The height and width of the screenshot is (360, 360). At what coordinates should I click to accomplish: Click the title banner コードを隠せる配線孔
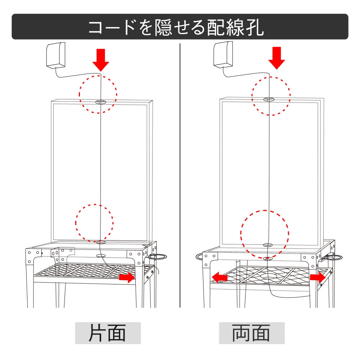pos(180,27)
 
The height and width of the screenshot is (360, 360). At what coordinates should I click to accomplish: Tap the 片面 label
pos(108,333)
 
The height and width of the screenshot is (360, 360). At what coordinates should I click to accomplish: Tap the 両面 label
pos(252,333)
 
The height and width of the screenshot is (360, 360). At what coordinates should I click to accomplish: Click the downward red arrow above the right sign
pos(276,58)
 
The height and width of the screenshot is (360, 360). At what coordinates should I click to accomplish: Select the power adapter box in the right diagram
pos(223,54)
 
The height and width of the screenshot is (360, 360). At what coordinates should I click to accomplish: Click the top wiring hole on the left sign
pos(101,102)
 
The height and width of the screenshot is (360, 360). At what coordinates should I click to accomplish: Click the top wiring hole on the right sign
pos(269,99)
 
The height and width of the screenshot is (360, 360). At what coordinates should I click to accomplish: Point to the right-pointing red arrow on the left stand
pos(126,277)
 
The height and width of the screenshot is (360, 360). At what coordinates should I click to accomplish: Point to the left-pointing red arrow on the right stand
pos(220,278)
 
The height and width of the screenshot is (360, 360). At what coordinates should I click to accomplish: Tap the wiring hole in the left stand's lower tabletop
pos(101,256)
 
